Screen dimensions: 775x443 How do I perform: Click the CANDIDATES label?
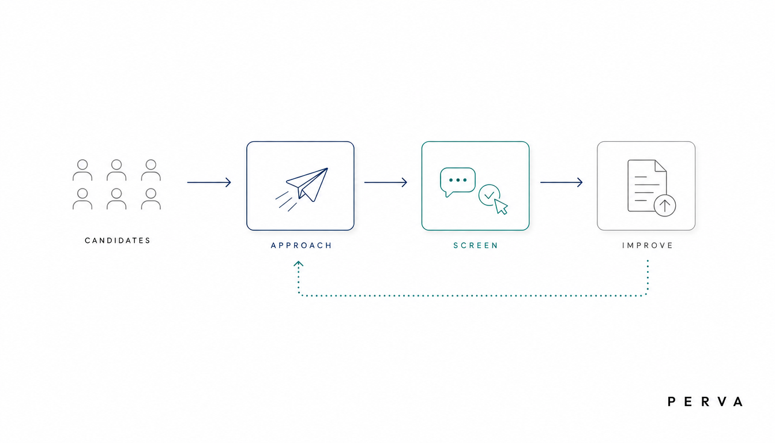coord(118,241)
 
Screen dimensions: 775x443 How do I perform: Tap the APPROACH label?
coord(302,245)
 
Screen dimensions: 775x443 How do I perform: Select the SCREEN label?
coord(476,245)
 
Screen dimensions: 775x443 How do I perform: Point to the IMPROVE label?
coord(648,245)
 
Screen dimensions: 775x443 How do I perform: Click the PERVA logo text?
coord(705,402)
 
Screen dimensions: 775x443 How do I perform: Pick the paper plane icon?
coord(302,189)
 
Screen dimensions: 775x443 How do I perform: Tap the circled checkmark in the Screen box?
coord(489,195)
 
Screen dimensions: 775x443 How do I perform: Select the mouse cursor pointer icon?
coord(501,207)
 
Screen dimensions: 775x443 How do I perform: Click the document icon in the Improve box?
coord(646,186)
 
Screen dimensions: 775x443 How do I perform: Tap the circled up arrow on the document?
coord(665,205)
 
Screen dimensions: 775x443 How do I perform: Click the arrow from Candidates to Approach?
coord(209,182)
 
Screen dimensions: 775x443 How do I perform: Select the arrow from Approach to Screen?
coord(385,182)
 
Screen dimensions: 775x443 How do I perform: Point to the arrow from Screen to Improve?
coord(561,182)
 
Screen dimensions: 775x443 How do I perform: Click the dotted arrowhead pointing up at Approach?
coord(299,264)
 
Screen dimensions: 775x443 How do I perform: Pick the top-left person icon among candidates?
coord(82,170)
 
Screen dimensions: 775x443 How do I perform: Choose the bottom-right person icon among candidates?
coord(151,198)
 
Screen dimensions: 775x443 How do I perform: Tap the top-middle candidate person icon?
coord(116,170)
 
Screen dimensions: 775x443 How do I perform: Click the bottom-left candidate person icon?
coord(82,198)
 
